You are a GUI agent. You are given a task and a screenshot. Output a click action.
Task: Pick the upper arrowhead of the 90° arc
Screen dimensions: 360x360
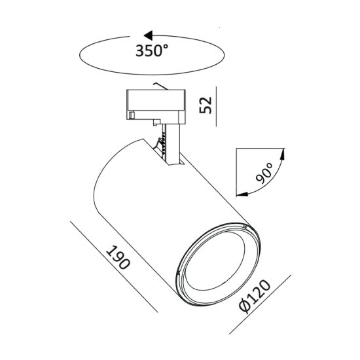point(283,154)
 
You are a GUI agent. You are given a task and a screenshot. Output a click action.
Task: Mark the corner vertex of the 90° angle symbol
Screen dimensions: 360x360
point(236,150)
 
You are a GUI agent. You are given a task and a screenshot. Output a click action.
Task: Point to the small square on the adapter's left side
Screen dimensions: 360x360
point(132,115)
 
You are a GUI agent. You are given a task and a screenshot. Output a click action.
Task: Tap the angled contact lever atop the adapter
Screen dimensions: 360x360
point(158,86)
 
